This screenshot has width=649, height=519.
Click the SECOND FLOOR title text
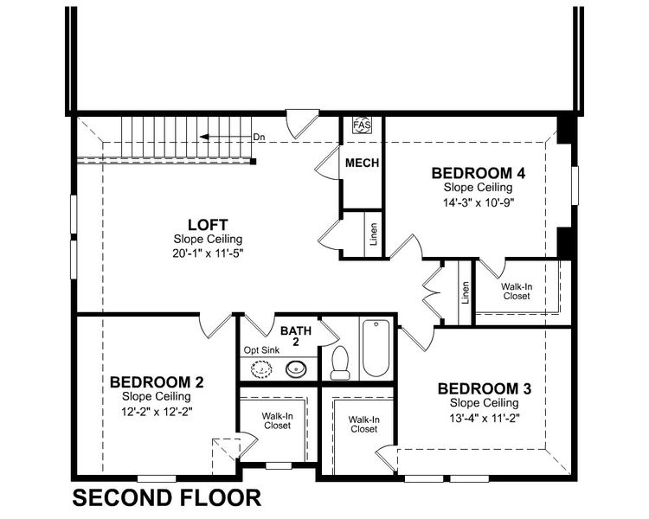pos(166,498)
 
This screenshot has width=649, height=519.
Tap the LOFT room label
pos(208,225)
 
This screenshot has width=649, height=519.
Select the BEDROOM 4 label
pos(479,173)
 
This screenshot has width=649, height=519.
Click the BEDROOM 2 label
pos(157,381)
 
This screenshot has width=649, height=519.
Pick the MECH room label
pos(362,163)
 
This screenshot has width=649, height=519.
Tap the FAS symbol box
pos(362,126)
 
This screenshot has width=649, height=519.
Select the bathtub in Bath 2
pos(376,348)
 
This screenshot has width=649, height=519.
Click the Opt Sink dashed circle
pos(260,370)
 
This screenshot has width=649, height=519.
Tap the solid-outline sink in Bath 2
pos(295,370)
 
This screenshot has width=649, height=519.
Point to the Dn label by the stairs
pos(259,137)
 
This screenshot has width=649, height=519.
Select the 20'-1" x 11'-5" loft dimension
pos(208,253)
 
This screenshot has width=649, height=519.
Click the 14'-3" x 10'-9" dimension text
pos(479,202)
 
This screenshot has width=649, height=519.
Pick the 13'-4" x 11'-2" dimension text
pos(484,417)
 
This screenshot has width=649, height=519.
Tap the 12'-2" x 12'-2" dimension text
pos(157,411)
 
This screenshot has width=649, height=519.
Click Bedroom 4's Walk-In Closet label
pos(516,291)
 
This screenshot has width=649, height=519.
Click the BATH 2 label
pos(289,336)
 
